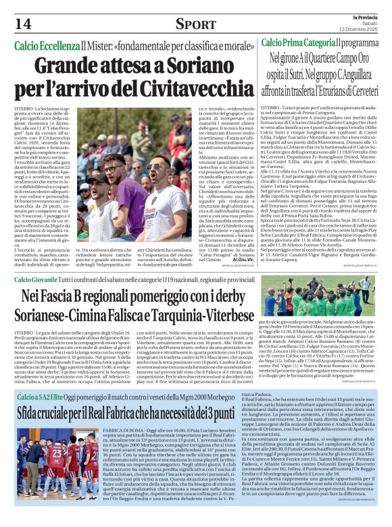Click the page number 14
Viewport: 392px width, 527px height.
click(23, 24)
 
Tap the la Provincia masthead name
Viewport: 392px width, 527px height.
click(368, 16)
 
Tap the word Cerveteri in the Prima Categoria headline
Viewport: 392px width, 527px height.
click(363, 92)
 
